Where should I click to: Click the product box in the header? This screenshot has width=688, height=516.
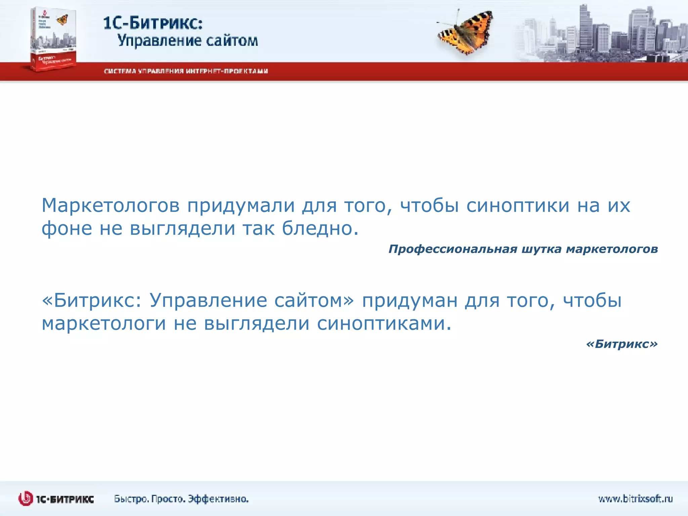coord(53,39)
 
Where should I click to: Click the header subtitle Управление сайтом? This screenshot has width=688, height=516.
coord(187,41)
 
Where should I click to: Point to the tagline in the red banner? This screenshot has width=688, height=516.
coord(186,71)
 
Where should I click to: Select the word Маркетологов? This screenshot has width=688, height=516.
coord(111,206)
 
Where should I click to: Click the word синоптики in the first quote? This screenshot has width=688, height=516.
coord(518,206)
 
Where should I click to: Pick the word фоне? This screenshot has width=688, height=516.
coord(67,229)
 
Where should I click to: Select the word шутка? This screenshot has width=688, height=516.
coord(541,249)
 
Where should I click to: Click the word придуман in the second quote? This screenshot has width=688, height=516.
coord(410,300)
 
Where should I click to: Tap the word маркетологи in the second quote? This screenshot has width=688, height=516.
coord(103,324)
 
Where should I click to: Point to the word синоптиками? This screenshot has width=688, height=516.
coord(384,324)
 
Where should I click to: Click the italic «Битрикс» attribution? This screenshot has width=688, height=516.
coord(621,344)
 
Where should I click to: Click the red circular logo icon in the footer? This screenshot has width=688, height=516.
coord(26,499)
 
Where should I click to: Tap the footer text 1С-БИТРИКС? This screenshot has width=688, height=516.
coord(65,499)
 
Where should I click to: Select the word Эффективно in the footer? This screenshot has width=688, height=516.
coord(218,499)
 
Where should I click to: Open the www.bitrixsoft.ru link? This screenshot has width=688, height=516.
coord(635,499)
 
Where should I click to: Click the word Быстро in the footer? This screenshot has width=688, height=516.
coord(131,499)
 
